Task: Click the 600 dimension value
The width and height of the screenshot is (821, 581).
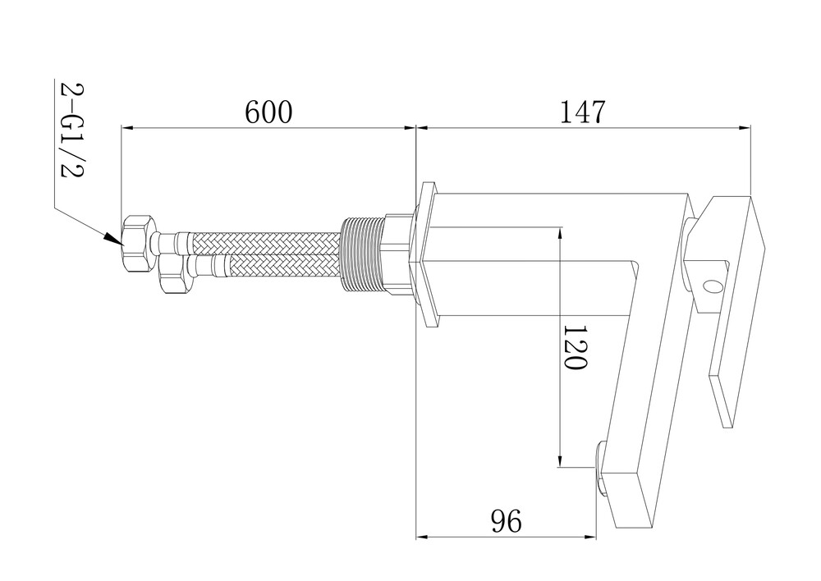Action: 268,112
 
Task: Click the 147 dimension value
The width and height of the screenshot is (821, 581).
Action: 583,112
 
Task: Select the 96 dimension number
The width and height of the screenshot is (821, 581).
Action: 507,521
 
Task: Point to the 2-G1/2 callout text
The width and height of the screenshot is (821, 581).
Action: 71,130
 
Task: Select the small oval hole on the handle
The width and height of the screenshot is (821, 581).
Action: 711,286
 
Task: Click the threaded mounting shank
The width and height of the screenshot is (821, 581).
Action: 363,254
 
